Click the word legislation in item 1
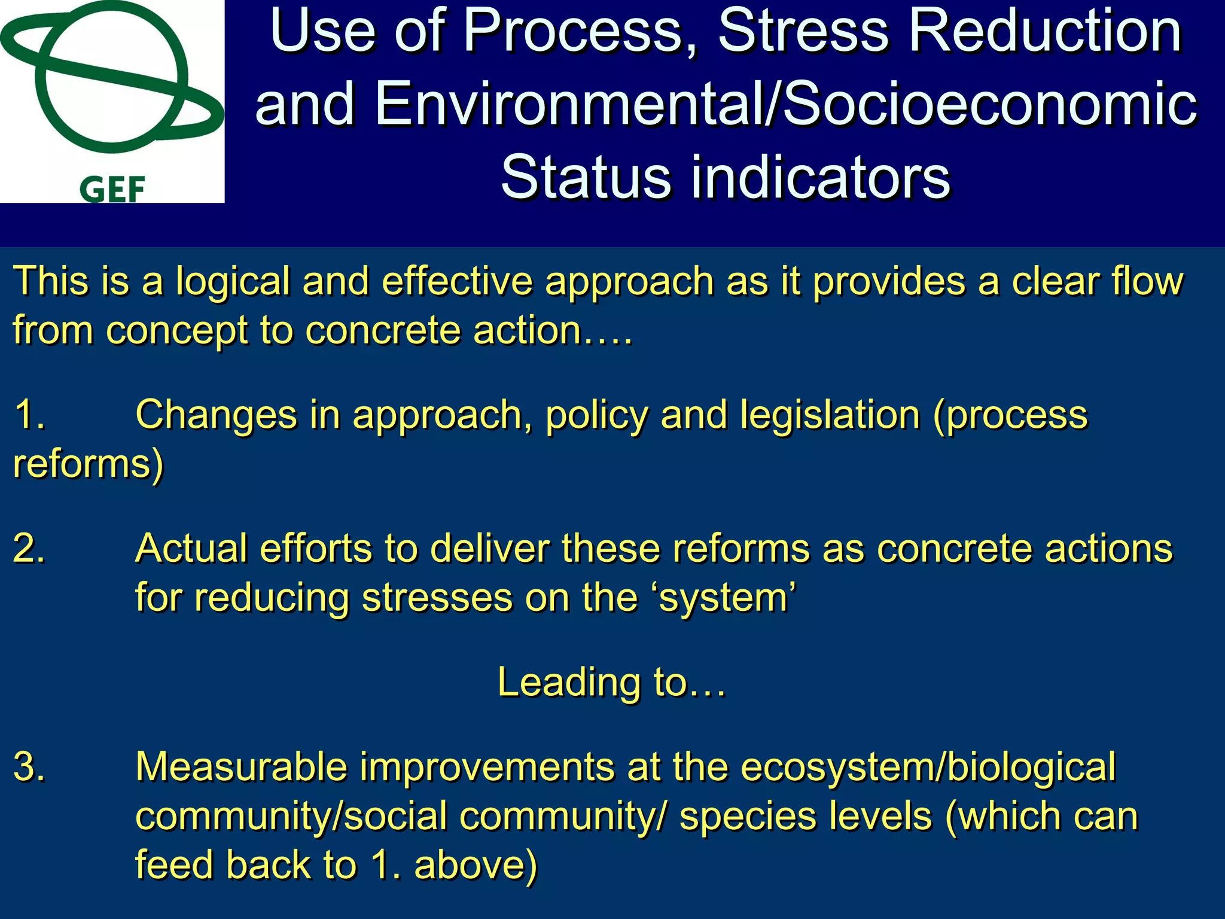(829, 415)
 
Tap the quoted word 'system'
(727, 598)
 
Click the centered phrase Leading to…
(611, 683)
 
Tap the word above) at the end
(476, 866)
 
